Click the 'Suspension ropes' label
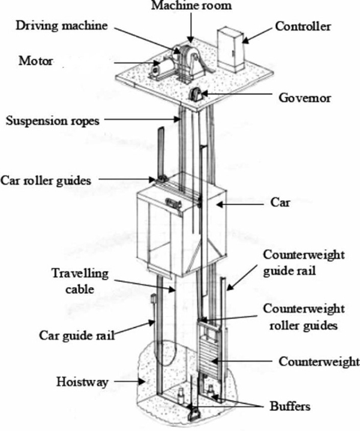pos(46,121)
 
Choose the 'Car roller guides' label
pos(45,180)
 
